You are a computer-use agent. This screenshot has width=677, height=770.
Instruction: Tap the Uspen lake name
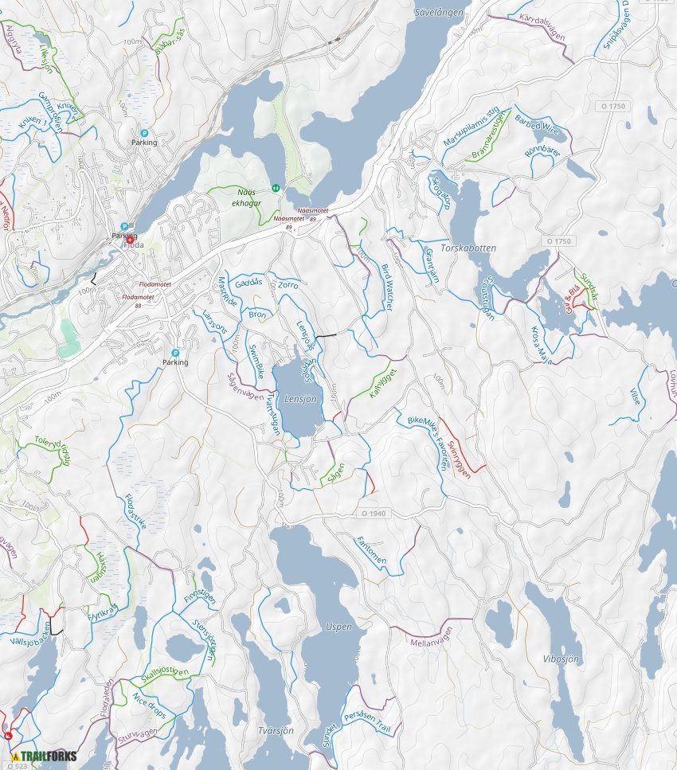(338, 627)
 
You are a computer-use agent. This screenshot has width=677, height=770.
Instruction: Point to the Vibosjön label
(561, 659)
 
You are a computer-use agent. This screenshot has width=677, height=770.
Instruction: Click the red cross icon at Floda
(130, 238)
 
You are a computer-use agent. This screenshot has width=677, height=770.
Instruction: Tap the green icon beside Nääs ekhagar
(276, 188)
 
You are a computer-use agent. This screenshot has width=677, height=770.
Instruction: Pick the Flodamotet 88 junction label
(139, 299)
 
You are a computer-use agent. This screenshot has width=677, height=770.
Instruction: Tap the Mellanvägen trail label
(430, 635)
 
